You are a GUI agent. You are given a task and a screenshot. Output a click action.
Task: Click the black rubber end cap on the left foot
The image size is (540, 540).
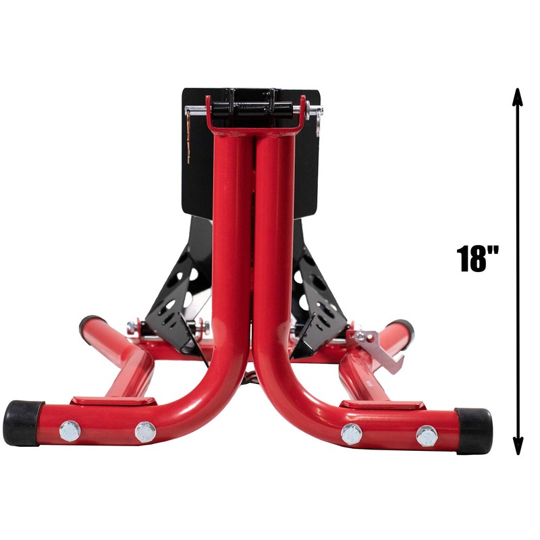coord(22,423)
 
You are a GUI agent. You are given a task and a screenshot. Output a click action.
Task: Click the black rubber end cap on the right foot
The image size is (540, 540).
coord(474,430)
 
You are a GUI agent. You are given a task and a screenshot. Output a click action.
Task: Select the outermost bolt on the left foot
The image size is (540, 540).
coord(70,431)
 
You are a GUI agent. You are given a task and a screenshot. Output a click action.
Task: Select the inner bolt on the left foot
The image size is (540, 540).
coord(144,432)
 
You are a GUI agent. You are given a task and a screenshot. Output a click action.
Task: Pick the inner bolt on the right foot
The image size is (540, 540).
coord(351,434)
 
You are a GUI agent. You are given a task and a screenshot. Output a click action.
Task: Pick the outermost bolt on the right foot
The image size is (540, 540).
coord(426,436)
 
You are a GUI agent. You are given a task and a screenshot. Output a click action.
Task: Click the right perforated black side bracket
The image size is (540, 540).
coord(317,297)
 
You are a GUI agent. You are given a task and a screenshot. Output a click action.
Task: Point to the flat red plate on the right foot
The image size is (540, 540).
coord(382,404)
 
